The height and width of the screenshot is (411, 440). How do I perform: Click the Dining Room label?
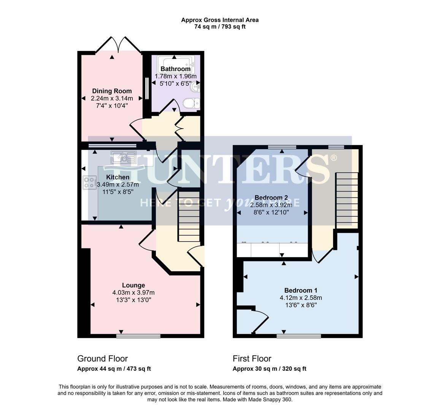pyautogui.click(x=112, y=91)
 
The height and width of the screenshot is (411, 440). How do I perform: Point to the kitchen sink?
pyautogui.click(x=123, y=157)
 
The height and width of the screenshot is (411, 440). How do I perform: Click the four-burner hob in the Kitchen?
pyautogui.click(x=90, y=183)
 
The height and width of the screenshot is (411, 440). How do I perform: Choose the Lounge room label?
pyautogui.click(x=133, y=285)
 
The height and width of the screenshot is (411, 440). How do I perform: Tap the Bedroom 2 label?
pyautogui.click(x=271, y=198)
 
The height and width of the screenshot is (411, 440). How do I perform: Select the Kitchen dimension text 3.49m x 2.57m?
pyautogui.click(x=118, y=185)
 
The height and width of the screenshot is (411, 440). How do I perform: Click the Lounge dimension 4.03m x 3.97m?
pyautogui.click(x=133, y=293)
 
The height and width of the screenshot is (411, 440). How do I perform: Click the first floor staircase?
pyautogui.click(x=347, y=200)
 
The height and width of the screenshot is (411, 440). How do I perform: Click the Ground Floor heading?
pyautogui.click(x=102, y=358)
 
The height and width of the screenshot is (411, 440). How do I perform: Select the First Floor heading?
pyautogui.click(x=252, y=358)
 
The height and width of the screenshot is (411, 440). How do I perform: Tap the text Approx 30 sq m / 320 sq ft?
pyautogui.click(x=269, y=369)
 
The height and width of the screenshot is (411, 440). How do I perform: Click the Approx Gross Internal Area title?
pyautogui.click(x=220, y=20)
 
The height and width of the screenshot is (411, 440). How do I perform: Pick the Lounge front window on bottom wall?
pyautogui.click(x=138, y=336)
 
